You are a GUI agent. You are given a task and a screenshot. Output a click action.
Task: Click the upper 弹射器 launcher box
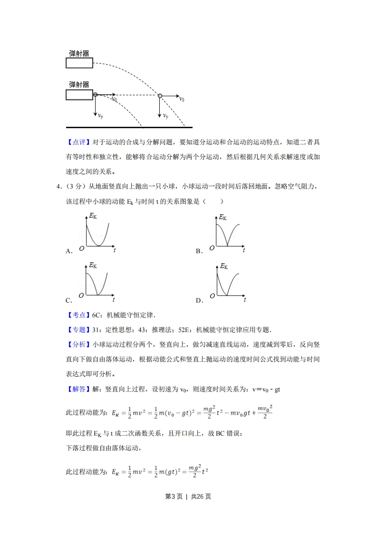pos(79,63)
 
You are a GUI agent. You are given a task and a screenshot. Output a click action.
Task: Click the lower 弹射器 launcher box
pos(79,95)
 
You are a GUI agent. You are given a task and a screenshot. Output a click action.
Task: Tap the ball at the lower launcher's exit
pos(96,95)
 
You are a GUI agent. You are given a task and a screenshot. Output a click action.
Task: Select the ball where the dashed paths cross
pos(160,96)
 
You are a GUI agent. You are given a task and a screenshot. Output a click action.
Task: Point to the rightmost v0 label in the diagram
pos(182,99)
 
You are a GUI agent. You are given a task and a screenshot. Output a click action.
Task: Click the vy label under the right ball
pos(165,115)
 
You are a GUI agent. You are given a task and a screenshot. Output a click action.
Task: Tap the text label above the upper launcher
pos(79,53)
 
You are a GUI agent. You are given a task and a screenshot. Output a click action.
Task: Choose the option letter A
pos(68,251)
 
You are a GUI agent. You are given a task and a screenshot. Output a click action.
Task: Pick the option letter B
pos(199,251)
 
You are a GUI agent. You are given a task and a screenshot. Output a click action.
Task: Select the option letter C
pos(68,300)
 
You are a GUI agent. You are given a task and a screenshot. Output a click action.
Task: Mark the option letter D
pos(199,300)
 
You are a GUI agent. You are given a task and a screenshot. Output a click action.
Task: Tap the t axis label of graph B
pos(244,249)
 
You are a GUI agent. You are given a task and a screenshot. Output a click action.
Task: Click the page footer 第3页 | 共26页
pos(188,496)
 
